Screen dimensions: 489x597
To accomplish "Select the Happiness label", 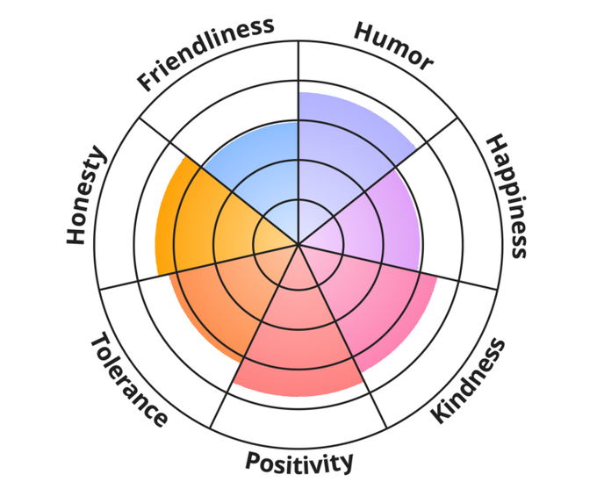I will (x=506, y=196).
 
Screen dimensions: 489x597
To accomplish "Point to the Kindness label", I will (x=470, y=380).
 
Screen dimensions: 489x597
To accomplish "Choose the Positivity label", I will (x=299, y=460).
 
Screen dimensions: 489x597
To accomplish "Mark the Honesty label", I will (x=86, y=197).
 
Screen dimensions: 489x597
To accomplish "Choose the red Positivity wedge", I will (x=298, y=342).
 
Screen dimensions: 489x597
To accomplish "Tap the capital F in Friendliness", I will (x=146, y=84).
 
